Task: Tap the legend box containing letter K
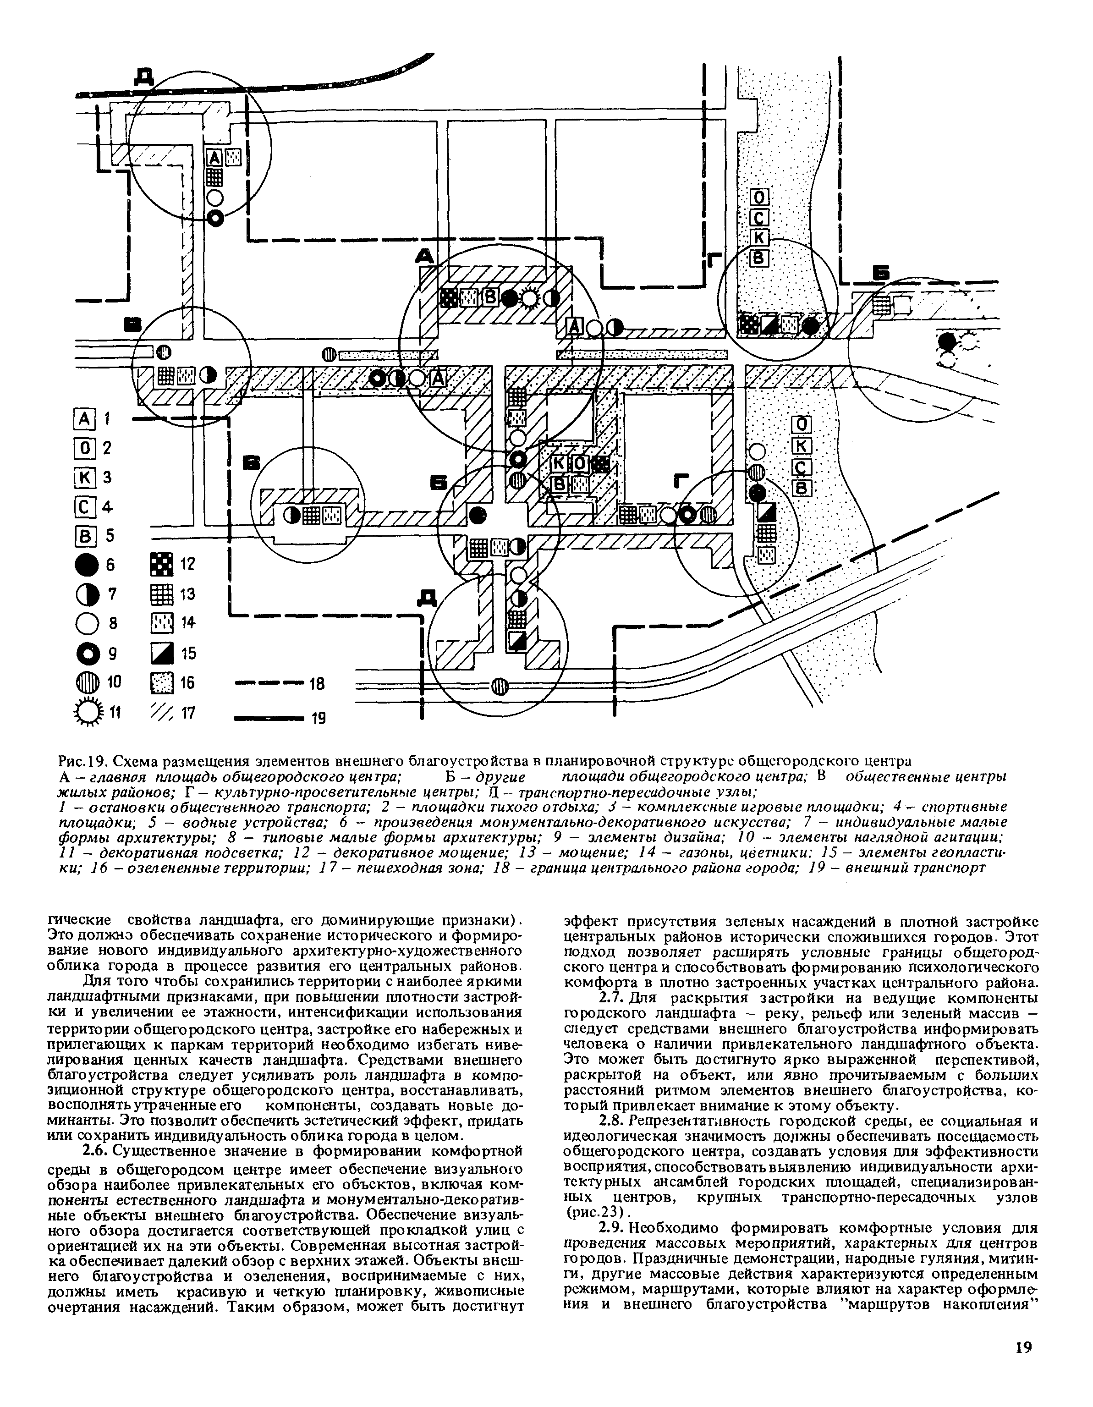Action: [x=86, y=478]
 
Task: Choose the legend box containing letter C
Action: [x=86, y=507]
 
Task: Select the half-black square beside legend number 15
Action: [x=161, y=653]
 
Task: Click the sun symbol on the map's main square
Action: [x=529, y=298]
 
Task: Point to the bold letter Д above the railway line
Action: [x=143, y=76]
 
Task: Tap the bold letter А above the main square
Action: [x=424, y=256]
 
